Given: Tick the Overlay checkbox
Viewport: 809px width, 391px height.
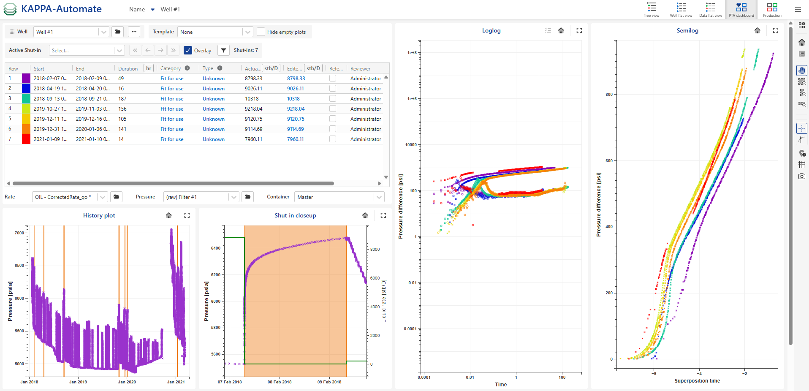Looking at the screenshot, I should [188, 50].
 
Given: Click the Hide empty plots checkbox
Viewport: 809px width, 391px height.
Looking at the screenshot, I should [261, 32].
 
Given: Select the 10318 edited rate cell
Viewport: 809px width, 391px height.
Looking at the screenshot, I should [293, 99].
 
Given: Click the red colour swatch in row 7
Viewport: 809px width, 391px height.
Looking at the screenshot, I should [26, 139].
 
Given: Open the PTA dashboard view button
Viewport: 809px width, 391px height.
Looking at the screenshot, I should [741, 9].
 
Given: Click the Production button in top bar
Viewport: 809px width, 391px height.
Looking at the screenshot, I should [772, 9].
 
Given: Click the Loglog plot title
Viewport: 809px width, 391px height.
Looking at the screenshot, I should [491, 30].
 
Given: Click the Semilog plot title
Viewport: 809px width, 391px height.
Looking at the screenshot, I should [687, 30].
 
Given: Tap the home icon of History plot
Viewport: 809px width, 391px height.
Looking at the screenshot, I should [169, 215].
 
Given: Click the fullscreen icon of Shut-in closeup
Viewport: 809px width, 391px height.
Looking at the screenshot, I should [383, 215].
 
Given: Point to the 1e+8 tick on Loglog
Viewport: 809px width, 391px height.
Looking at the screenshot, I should [412, 53].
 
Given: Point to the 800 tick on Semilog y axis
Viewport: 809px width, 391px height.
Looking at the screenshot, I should [609, 95].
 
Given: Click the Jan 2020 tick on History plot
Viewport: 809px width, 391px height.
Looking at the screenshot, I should [127, 382].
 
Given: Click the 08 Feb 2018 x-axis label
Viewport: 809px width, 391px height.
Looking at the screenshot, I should [280, 382].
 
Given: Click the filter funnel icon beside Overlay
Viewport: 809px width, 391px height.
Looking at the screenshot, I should [224, 50].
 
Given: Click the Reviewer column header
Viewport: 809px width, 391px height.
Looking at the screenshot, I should [360, 68].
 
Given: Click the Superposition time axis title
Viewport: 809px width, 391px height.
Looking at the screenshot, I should [697, 381].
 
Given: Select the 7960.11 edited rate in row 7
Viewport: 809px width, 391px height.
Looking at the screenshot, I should [295, 139].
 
